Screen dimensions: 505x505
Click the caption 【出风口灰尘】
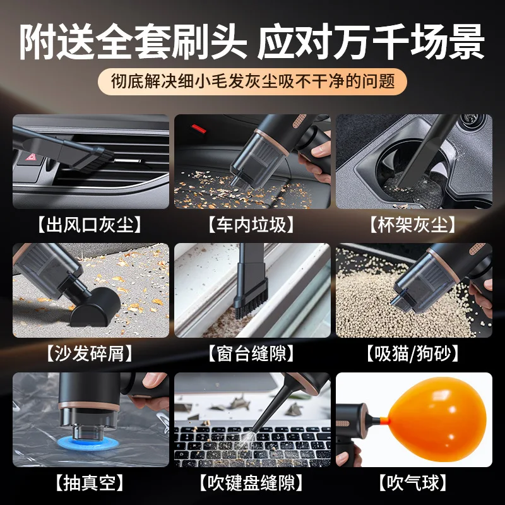pyautogui.click(x=90, y=223)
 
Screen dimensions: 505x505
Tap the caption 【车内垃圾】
pyautogui.click(x=252, y=223)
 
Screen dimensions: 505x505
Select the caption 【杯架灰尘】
pyautogui.click(x=413, y=223)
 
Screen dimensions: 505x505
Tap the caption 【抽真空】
pyautogui.click(x=90, y=483)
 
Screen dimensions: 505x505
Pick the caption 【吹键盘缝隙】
pyautogui.click(x=252, y=483)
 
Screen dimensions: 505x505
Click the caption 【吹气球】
pyautogui.click(x=413, y=483)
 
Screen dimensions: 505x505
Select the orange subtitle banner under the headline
pyautogui.click(x=252, y=81)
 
